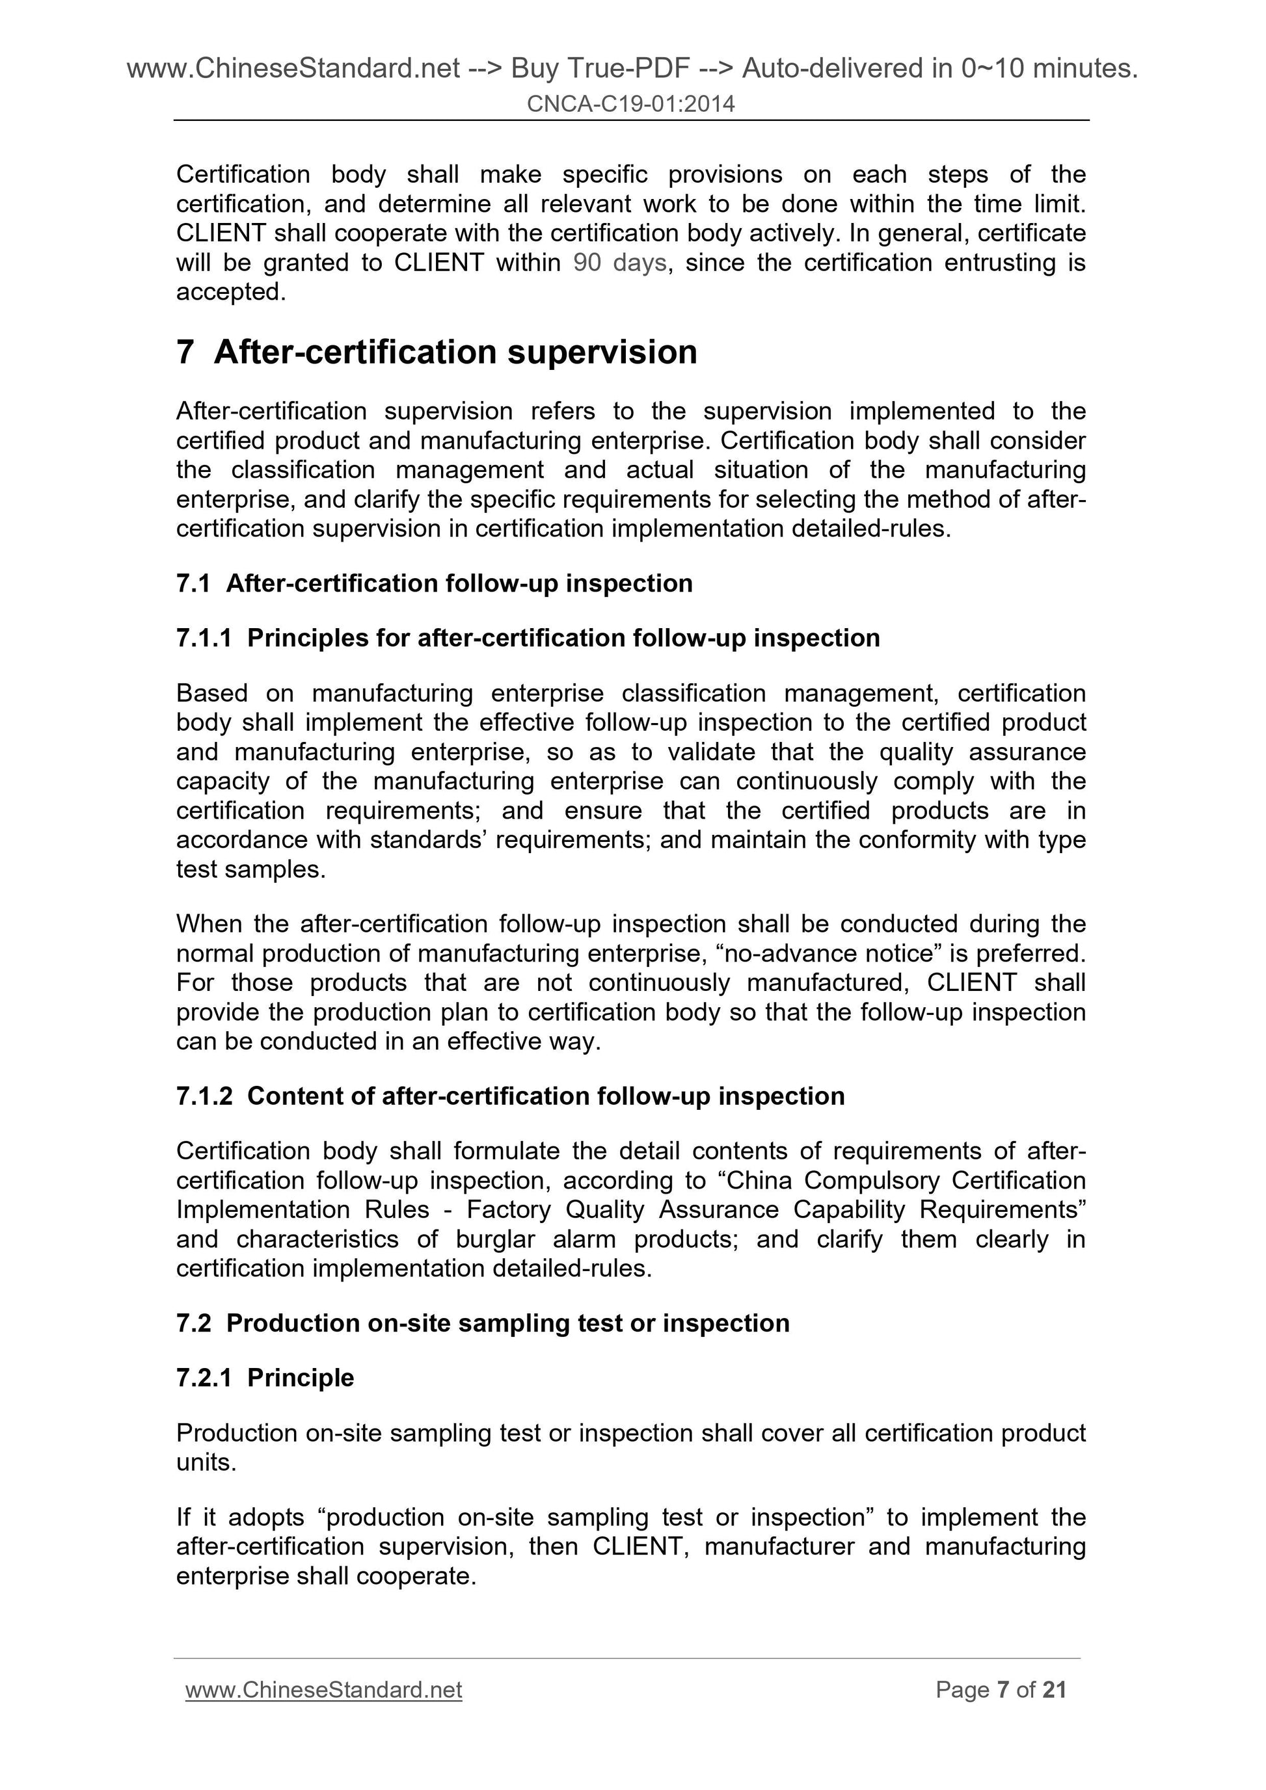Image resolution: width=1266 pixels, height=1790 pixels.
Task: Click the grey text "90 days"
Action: [x=619, y=263]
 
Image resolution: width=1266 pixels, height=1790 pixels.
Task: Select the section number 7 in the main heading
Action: [x=185, y=352]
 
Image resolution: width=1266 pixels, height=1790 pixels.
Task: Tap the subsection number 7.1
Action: [x=193, y=583]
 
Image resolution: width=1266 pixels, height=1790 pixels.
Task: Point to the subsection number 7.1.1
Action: [x=204, y=638]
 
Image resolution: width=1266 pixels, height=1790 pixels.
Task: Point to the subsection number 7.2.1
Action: [x=204, y=1378]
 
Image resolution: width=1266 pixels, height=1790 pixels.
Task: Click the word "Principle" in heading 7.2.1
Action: [x=301, y=1378]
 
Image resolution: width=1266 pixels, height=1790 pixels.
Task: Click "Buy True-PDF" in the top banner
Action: [x=600, y=70]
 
